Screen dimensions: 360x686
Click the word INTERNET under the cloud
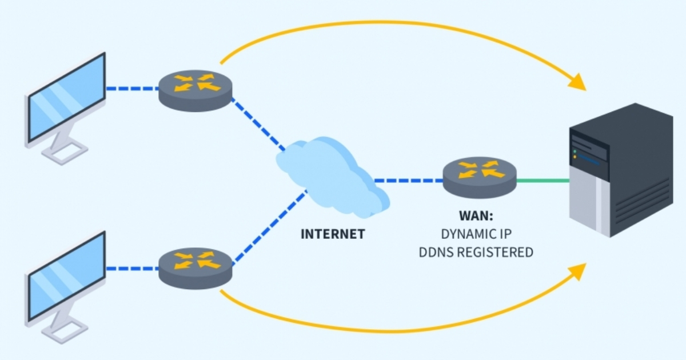332,234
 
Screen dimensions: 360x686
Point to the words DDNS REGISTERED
476,252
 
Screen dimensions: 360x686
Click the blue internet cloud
332,174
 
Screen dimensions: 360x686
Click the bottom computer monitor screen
66,276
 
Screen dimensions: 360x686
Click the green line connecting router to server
543,181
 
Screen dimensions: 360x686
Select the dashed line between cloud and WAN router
409,181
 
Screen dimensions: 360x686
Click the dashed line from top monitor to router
133,89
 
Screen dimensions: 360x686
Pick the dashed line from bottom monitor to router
133,268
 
